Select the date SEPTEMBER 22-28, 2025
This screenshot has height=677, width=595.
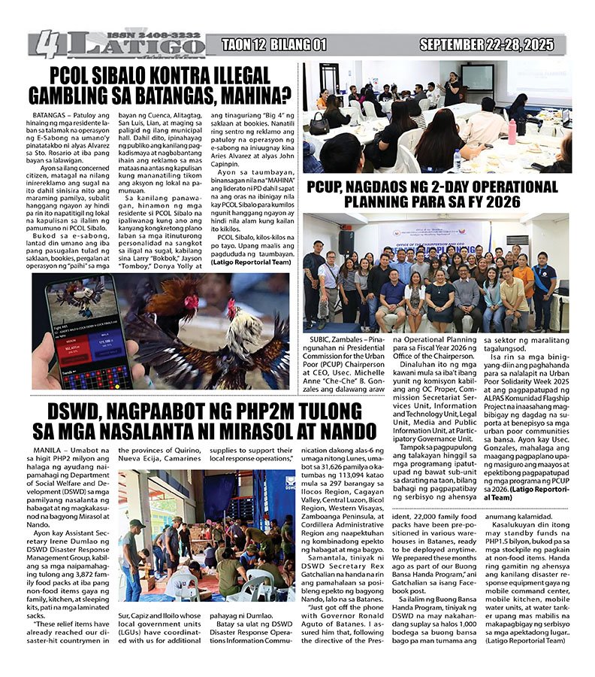489,45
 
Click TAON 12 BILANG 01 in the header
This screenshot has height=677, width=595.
273,45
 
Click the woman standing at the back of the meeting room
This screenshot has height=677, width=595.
452,88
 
